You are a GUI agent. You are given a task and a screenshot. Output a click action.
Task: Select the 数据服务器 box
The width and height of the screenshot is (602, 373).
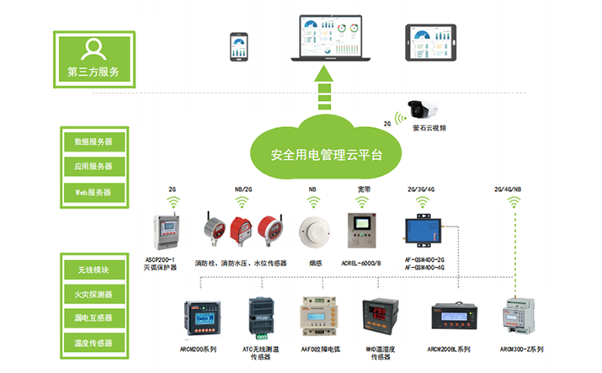(x=93, y=141)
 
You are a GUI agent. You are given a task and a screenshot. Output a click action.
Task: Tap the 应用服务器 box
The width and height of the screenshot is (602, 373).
(x=93, y=166)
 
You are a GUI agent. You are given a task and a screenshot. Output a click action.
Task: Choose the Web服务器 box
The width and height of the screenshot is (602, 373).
(x=93, y=192)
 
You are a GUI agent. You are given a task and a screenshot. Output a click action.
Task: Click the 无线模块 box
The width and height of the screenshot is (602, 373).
(x=93, y=269)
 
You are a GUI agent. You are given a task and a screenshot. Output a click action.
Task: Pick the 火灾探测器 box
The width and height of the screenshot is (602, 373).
(x=93, y=294)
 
